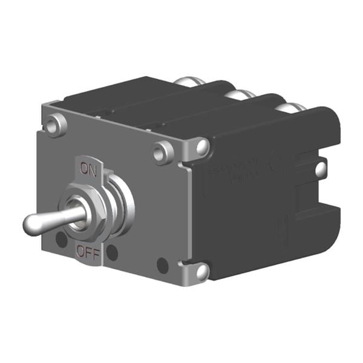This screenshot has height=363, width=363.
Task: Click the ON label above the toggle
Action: [x=88, y=171]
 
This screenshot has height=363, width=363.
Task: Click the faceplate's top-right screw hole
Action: [x=162, y=153]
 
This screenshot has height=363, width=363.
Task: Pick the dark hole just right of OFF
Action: [x=113, y=252]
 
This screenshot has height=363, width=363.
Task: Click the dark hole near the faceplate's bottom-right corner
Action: [x=162, y=265]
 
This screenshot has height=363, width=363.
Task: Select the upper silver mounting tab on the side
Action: [x=201, y=146]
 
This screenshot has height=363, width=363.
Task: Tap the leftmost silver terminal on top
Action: [x=186, y=82]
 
